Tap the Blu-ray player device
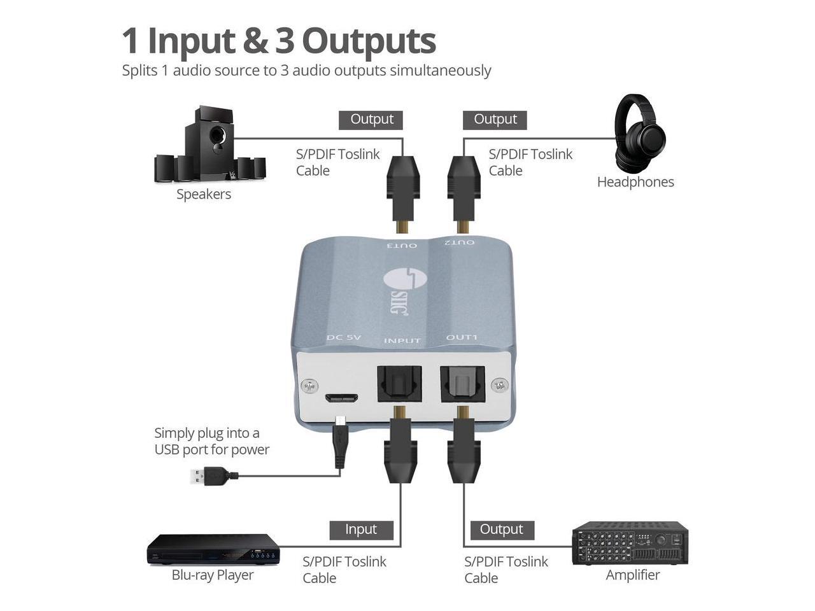click(x=213, y=549)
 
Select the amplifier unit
click(x=630, y=543)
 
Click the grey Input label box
click(x=361, y=530)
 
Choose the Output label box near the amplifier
click(x=502, y=530)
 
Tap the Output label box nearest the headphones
click(x=495, y=120)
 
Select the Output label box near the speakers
click(x=372, y=120)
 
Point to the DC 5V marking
click(x=344, y=337)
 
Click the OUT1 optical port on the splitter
click(x=463, y=384)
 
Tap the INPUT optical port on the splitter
click(x=399, y=384)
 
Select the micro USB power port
click(x=341, y=398)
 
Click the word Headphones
click(x=635, y=182)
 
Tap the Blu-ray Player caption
click(x=213, y=575)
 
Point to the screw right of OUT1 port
click(x=500, y=384)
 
